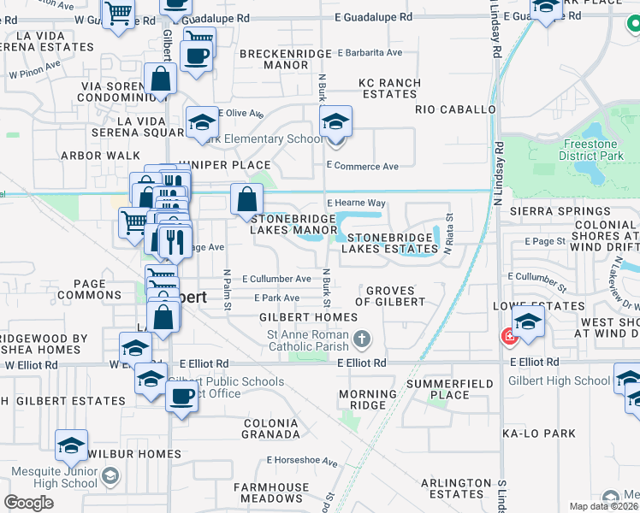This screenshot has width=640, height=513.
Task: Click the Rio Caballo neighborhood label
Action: pyautogui.click(x=455, y=110)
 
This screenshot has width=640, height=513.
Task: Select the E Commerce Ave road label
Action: pyautogui.click(x=363, y=166)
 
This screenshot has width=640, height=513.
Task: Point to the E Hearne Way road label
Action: pyautogui.click(x=357, y=203)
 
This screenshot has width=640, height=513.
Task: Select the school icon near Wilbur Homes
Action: pyautogui.click(x=72, y=445)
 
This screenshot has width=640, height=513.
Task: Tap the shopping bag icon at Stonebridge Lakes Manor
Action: pyautogui.click(x=246, y=200)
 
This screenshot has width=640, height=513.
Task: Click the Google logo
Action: pyautogui.click(x=29, y=503)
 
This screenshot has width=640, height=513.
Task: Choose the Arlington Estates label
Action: pyautogui.click(x=453, y=488)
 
